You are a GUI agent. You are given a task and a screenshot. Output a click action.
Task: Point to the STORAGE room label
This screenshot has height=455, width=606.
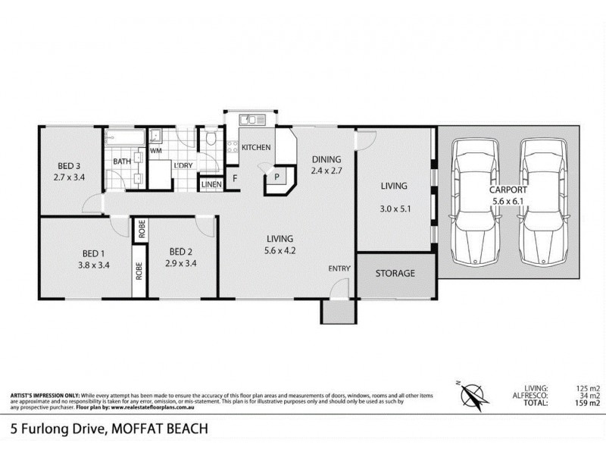(396, 273)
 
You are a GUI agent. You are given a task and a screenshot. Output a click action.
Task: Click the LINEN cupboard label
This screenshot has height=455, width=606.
(211, 184)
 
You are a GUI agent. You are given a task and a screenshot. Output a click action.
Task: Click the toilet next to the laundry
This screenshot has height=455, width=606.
(210, 140)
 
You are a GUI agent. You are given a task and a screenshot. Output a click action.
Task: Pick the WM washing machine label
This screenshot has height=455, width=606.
(156, 151)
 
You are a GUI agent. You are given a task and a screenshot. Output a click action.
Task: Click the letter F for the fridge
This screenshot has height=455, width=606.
(235, 179)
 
